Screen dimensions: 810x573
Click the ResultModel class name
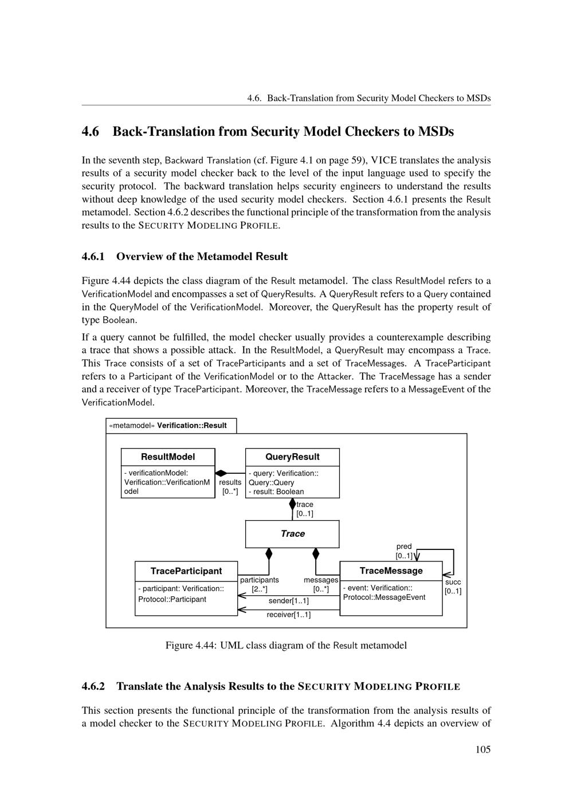tap(168, 457)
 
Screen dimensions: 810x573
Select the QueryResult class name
tap(292, 457)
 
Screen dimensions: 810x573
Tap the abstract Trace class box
tap(292, 534)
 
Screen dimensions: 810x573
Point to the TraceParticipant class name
tap(186, 571)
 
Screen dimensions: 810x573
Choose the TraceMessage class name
tap(391, 571)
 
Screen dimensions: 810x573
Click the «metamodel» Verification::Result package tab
tap(171, 426)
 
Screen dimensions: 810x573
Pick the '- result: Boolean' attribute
tap(276, 491)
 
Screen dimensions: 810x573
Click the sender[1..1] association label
tap(289, 601)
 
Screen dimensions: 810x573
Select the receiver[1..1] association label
tap(289, 615)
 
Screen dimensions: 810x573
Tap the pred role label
tap(404, 546)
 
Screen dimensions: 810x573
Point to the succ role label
tap(453, 582)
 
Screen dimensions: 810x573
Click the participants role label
tap(260, 580)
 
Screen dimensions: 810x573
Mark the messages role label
tap(321, 580)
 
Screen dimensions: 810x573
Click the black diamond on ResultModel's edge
tap(221, 473)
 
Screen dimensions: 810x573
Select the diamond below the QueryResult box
tap(292, 504)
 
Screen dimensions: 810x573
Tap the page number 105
tap(483, 750)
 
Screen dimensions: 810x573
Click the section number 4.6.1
tap(93, 257)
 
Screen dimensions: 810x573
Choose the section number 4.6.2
tap(93, 686)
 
